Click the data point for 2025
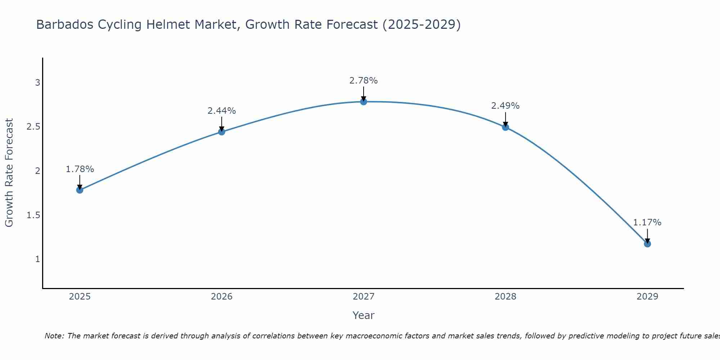click(80, 190)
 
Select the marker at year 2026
click(221, 132)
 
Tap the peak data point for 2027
click(363, 102)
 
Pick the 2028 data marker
click(505, 127)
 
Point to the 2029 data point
click(647, 244)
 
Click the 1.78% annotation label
click(80, 169)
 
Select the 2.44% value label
click(221, 111)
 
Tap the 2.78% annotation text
click(363, 81)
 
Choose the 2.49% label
click(505, 106)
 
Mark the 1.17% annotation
click(647, 222)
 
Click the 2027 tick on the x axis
click(363, 297)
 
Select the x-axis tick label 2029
click(647, 297)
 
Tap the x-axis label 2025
click(80, 297)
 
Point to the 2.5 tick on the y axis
click(33, 127)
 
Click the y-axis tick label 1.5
click(33, 215)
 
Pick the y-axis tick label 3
click(37, 83)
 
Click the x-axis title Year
click(363, 315)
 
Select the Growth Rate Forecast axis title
click(9, 173)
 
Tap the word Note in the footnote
click(54, 336)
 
